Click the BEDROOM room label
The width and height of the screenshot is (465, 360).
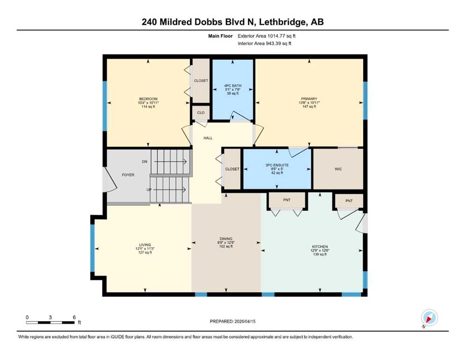pos(148,99)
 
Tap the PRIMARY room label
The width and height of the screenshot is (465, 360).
pos(309,99)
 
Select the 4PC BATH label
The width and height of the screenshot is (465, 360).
pos(233,86)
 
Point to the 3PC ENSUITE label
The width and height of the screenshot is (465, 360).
pos(277,165)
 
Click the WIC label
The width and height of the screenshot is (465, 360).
pos(338,169)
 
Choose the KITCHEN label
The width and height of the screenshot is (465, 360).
pos(320,247)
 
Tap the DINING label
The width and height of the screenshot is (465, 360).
pos(226,239)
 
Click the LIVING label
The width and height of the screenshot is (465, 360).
pos(145,245)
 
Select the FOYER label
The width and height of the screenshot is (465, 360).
pos(128,175)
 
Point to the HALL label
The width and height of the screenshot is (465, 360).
pos(208,138)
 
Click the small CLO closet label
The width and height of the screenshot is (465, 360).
pos(201,112)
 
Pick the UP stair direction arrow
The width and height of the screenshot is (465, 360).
pos(170,190)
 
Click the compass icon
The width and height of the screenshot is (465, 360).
pos(429,318)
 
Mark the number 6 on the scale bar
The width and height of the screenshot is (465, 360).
pos(74,317)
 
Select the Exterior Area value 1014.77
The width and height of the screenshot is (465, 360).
pos(277,36)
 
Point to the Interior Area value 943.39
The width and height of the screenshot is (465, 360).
pos(274,43)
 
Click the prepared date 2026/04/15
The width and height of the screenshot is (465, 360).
pos(245,321)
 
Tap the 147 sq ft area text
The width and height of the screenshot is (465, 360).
pos(309,106)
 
